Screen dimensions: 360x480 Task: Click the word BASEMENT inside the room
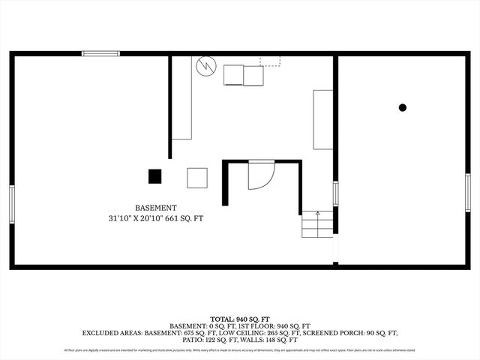click(156, 208)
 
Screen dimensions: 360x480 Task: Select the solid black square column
click(154, 176)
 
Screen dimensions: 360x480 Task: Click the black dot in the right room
click(403, 108)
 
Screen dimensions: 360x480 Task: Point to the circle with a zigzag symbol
click(205, 66)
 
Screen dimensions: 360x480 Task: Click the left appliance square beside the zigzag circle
click(233, 76)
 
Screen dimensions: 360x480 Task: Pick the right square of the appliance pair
click(253, 76)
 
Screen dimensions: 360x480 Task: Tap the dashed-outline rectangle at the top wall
click(270, 61)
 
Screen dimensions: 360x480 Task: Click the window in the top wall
click(100, 53)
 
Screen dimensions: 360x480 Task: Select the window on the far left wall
click(12, 204)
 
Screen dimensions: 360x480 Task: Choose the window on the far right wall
click(467, 193)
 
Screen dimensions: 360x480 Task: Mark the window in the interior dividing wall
click(335, 193)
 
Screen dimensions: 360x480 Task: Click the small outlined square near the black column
click(197, 178)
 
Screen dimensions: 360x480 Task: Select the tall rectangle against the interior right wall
click(322, 119)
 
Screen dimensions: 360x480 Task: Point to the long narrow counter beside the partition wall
click(181, 97)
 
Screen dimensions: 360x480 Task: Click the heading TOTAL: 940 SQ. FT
click(240, 319)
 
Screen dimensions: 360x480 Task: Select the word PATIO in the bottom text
click(193, 340)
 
